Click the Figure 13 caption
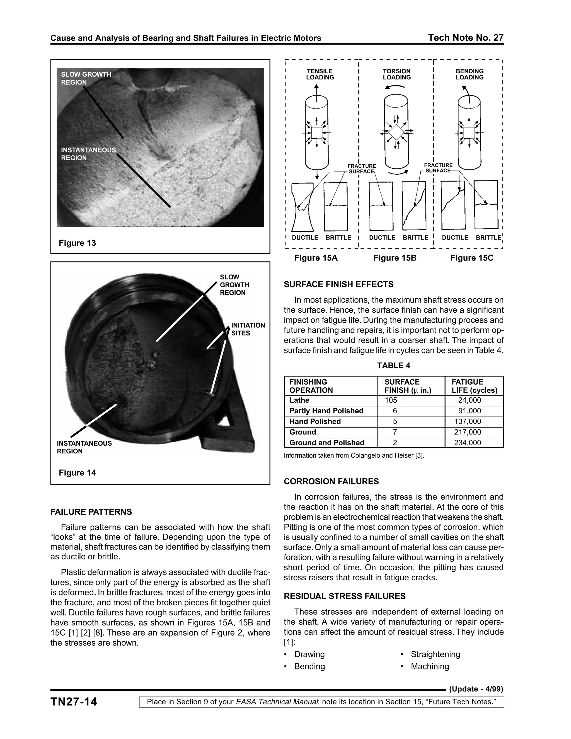click(77, 243)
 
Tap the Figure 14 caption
click(77, 473)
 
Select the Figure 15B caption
click(395, 258)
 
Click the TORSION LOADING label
click(396, 74)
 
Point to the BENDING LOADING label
click(469, 74)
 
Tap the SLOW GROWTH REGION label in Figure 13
click(86, 78)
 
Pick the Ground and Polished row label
click(327, 443)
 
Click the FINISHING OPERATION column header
click(311, 386)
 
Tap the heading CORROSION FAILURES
click(331, 482)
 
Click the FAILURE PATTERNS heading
click(91, 512)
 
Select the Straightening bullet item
click(435, 655)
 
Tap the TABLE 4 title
click(394, 365)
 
